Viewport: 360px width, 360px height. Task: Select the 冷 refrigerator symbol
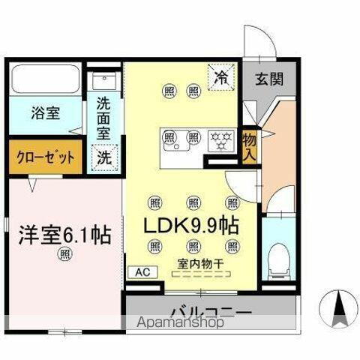tap(221, 77)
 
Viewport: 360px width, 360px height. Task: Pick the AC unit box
tap(142, 273)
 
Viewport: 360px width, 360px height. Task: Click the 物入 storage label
tap(250, 146)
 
